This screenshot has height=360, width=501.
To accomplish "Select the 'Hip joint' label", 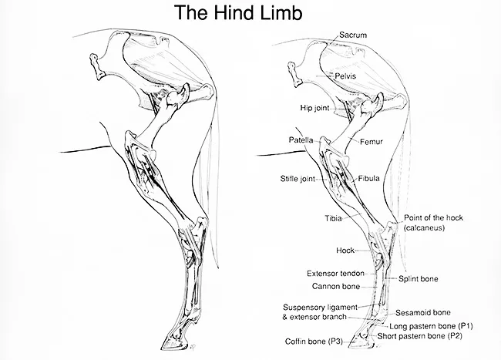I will [314, 109].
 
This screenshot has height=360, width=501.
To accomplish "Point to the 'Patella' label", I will [301, 140].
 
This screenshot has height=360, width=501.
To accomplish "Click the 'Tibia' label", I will [334, 218].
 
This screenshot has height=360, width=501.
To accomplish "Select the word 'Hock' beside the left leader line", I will [345, 251].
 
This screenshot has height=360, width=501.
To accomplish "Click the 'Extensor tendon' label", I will [335, 273].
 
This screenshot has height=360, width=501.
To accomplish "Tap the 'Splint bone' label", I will [419, 279].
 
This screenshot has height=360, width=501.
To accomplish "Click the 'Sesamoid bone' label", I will [423, 313].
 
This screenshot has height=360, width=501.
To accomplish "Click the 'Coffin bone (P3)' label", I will [313, 341].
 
